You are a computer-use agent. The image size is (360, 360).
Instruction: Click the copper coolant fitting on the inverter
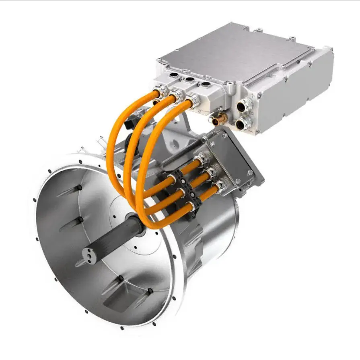220,119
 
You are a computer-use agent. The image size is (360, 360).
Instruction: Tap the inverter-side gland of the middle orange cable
175,96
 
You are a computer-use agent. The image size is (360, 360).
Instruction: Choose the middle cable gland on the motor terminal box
210,173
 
